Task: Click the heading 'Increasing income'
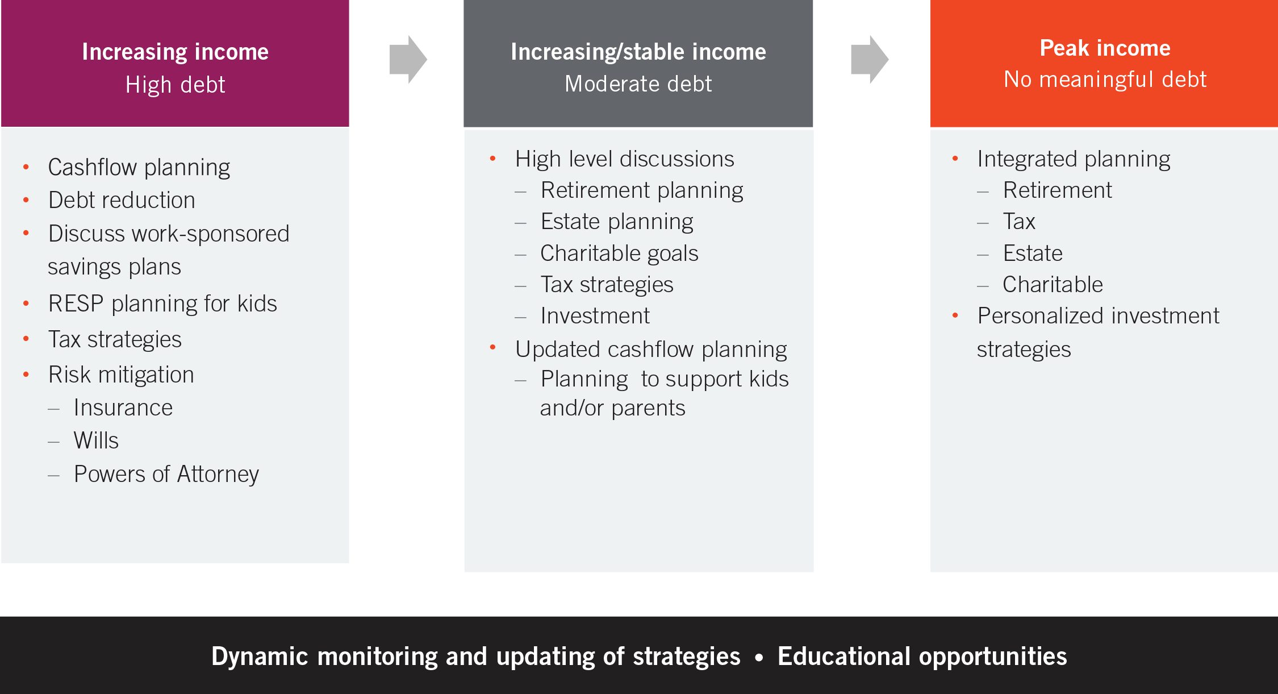coord(175,52)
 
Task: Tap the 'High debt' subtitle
coord(175,85)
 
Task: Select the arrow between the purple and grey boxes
coord(408,60)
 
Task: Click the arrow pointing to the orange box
coord(869,60)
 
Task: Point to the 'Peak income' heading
coord(1105,48)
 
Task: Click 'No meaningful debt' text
coord(1105,80)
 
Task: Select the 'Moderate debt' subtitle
coord(638,84)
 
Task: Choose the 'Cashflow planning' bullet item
coord(139,167)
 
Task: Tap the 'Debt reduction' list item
coord(122,200)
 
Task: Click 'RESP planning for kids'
coord(162,304)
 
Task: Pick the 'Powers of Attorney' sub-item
coord(166,474)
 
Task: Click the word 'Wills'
coord(96,440)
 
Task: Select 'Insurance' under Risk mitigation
coord(123,408)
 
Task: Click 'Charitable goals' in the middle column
coord(619,253)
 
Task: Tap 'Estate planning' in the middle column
coord(617,222)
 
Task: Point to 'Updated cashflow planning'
coord(651,349)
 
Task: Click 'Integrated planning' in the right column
coord(1074,159)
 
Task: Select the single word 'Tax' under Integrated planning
coord(1019,222)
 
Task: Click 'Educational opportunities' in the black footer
coord(922,656)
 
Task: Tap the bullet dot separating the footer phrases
coord(759,658)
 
